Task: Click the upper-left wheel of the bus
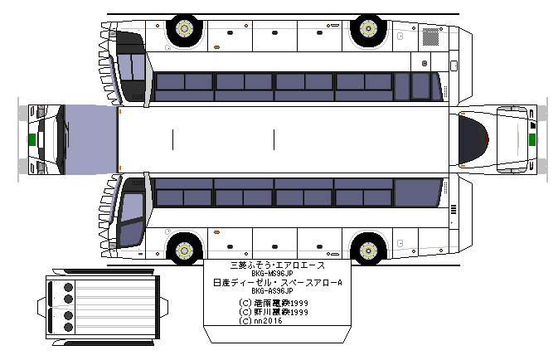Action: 184,30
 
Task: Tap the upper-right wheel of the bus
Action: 366,30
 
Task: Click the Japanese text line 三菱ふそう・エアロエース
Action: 277,265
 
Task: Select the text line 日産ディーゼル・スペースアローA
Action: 277,283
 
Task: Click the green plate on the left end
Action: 31,140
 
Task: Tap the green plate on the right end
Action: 533,140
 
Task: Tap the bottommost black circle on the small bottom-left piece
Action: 68,328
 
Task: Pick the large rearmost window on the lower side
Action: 416,193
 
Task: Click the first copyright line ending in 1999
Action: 272,303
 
